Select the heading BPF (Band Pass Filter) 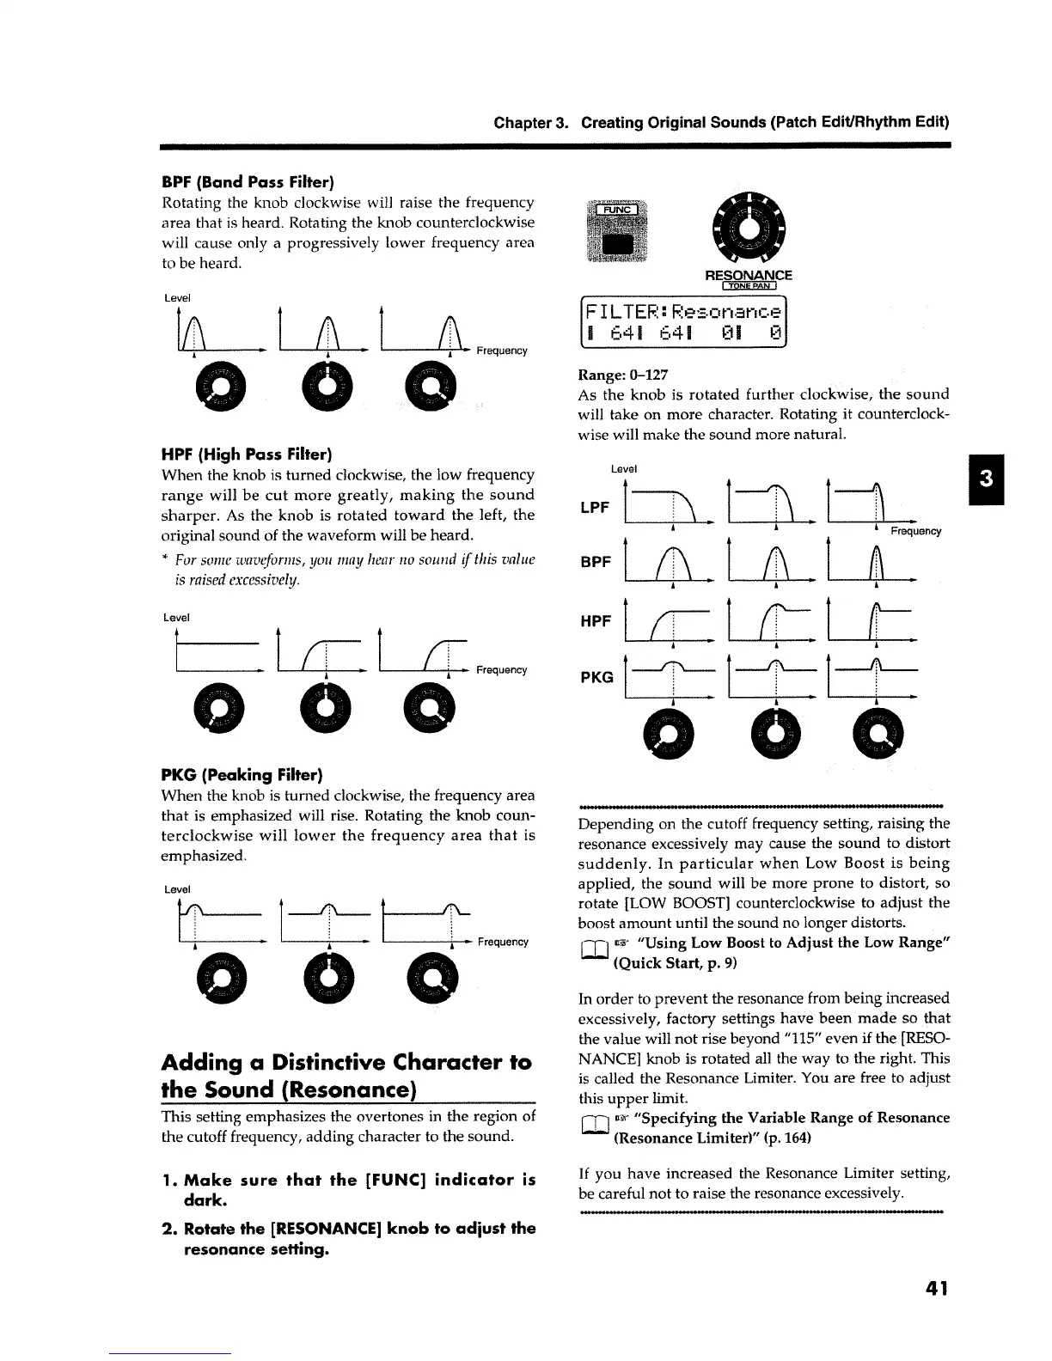click(248, 182)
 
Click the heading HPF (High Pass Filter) click(247, 454)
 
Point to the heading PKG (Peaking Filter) click(242, 774)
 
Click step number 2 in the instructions click(168, 1229)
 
